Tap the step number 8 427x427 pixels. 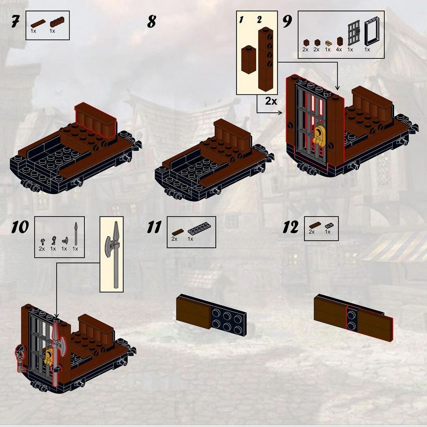[151, 21]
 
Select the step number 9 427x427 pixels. [288, 21]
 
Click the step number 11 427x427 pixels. [154, 228]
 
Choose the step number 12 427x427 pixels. [291, 228]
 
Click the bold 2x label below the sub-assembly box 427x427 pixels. [271, 101]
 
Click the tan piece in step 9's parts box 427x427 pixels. [328, 43]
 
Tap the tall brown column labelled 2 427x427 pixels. [266, 59]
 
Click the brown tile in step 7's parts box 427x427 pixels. [38, 23]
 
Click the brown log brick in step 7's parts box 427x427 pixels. [57, 22]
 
